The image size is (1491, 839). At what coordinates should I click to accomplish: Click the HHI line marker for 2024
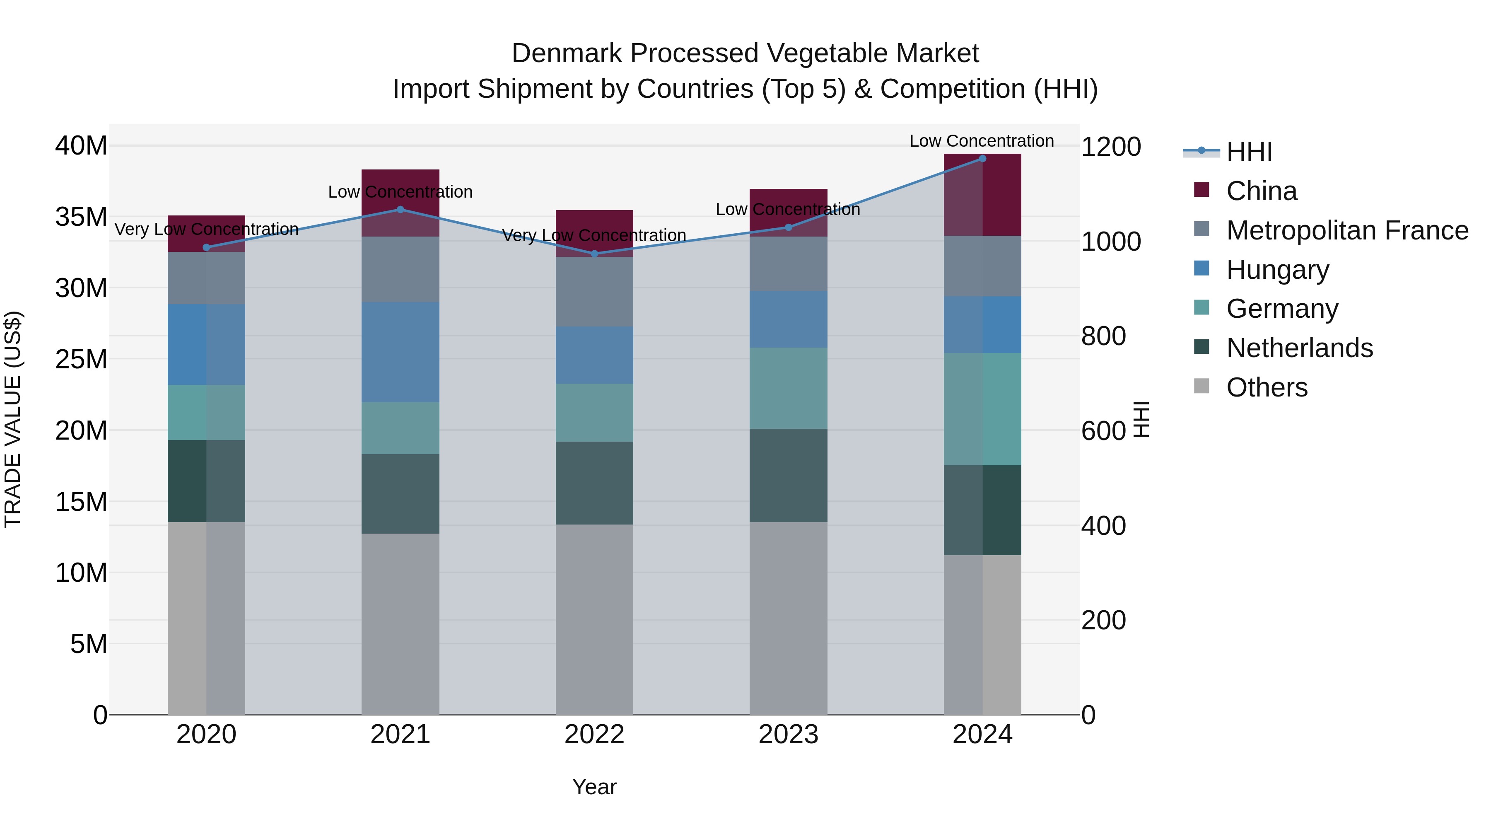982,158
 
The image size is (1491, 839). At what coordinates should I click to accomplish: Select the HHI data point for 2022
594,254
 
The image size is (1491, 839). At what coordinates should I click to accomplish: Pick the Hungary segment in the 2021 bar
400,352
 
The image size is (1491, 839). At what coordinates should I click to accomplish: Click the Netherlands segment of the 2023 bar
788,475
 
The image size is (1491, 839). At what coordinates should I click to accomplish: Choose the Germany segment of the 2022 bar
594,412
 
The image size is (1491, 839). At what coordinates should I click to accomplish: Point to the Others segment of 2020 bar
206,618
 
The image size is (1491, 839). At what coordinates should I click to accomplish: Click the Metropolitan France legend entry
1347,230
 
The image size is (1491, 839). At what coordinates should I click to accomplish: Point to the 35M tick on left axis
81,217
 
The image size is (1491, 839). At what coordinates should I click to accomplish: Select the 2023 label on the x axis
788,735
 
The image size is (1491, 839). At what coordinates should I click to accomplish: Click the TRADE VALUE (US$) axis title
13,419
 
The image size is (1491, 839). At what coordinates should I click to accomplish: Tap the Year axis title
594,787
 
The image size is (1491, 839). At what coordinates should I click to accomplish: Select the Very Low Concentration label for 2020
206,229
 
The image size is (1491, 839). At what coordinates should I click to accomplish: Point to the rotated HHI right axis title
1141,419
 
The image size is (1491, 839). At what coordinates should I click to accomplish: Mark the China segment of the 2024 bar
982,195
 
